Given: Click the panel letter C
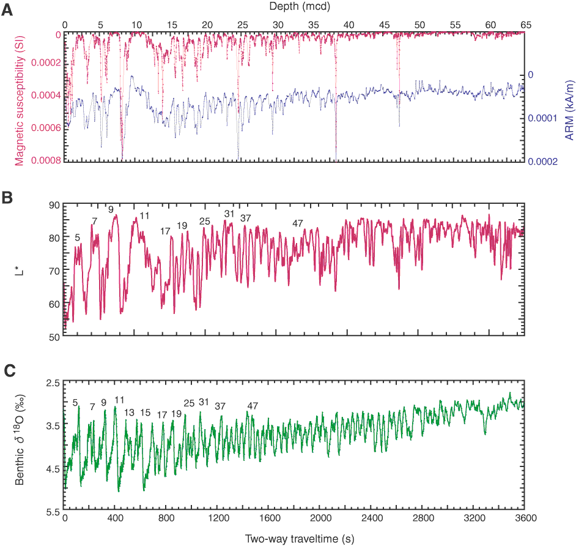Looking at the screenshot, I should (x=8, y=370).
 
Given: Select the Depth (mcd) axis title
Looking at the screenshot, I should (x=294, y=6).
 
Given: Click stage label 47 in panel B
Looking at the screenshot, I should (x=298, y=223).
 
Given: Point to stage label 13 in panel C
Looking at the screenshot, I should (x=129, y=412).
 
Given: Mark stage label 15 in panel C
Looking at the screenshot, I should (x=145, y=412).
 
